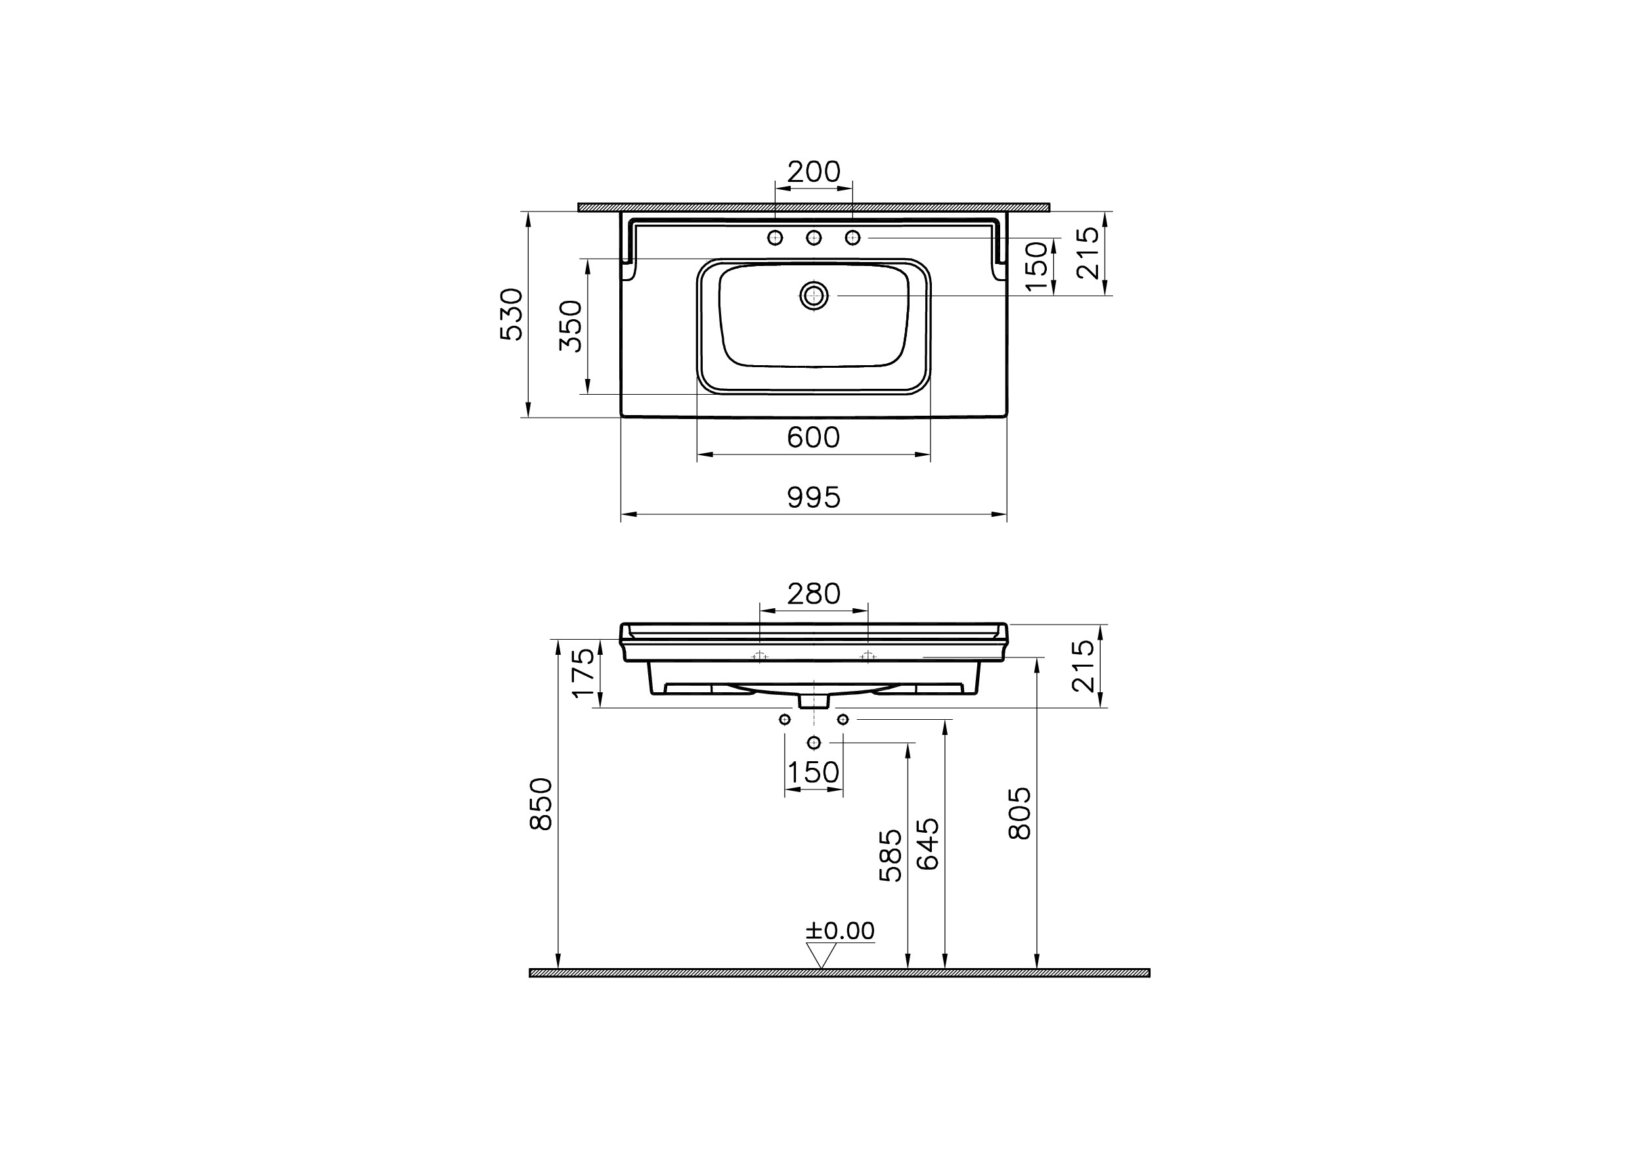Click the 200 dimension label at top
814,171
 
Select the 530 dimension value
512,314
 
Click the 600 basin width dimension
813,437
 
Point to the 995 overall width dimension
814,498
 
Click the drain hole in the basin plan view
814,295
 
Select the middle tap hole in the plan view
814,238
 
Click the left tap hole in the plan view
776,238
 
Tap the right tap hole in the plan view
852,238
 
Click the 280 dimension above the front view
814,593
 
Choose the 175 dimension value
584,673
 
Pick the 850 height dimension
542,803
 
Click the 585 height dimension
891,856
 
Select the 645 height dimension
928,844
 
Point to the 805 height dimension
1020,813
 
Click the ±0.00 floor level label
840,931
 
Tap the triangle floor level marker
820,956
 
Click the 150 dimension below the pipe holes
814,772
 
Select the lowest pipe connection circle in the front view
814,742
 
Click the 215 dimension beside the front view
1083,666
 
